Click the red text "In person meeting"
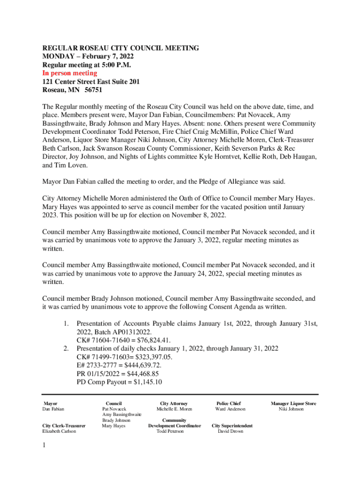coord(70,73)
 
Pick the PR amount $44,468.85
coord(139,374)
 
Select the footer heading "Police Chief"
coord(228,403)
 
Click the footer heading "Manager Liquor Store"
coord(293,403)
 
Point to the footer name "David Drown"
coord(230,431)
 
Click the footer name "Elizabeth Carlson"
coord(59,431)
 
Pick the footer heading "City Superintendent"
coord(232,426)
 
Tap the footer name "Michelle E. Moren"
coord(174,409)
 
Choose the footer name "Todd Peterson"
coord(170,431)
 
